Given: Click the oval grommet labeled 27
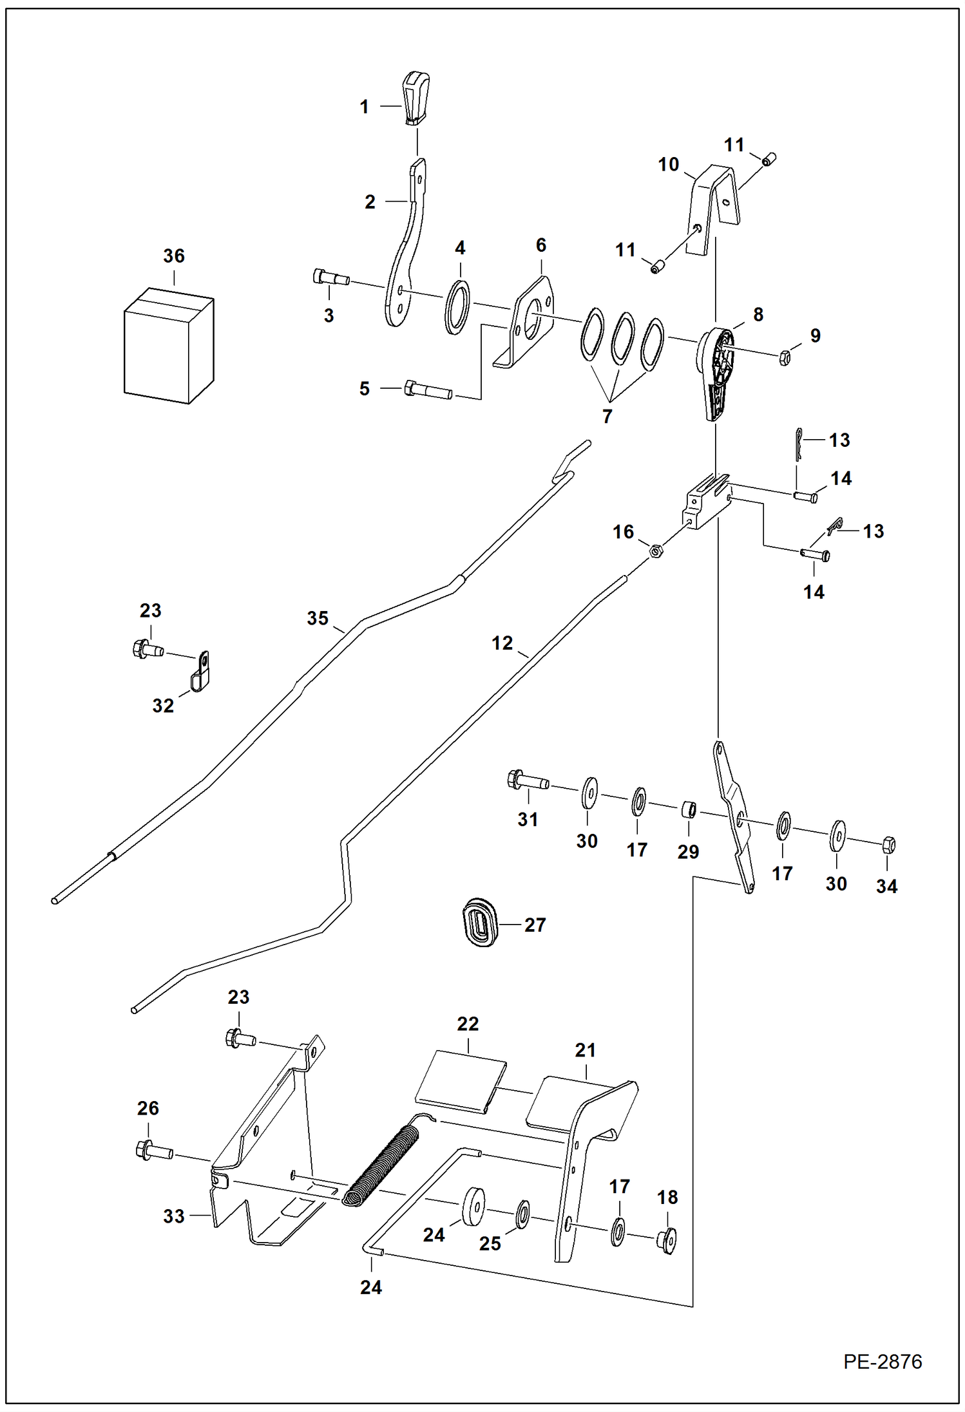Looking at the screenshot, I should click(480, 924).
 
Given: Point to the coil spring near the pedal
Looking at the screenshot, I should click(380, 1165).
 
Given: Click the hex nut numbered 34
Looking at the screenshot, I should click(888, 844).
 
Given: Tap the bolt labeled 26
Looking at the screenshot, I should click(153, 1151).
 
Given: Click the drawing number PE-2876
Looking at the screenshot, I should click(883, 1362).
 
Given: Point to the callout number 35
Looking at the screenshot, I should click(318, 618).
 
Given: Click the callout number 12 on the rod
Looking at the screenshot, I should click(502, 643).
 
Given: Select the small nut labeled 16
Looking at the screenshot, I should click(656, 551).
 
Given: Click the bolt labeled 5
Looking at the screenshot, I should click(427, 391).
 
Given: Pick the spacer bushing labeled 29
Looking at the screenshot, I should click(689, 808).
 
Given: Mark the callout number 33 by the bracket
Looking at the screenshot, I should click(173, 1216).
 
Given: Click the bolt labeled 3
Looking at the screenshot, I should click(330, 278).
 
